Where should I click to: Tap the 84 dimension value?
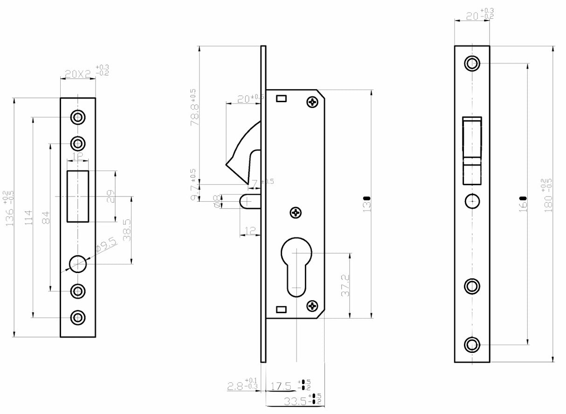pyautogui.click(x=45, y=217)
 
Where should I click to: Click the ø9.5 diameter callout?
pyautogui.click(x=105, y=246)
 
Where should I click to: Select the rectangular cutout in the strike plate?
pyautogui.click(x=78, y=196)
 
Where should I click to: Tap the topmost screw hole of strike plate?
pyautogui.click(x=77, y=117)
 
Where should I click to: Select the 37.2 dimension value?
pyautogui.click(x=345, y=286)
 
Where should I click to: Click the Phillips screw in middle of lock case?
pyautogui.click(x=296, y=213)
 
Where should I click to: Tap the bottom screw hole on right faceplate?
pyautogui.click(x=472, y=345)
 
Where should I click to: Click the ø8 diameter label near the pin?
pyautogui.click(x=217, y=201)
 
